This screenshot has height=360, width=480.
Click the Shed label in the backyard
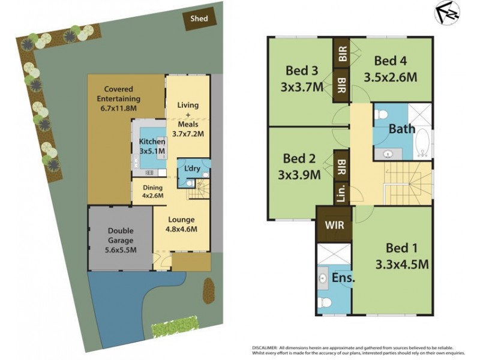[199, 19]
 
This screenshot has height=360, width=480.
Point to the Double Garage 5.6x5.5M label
[121, 240]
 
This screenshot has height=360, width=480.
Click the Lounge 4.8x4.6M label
[181, 224]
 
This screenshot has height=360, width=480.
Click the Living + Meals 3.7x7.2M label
[188, 120]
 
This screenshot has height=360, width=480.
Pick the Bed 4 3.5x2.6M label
[391, 69]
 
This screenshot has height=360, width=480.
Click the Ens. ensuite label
[343, 279]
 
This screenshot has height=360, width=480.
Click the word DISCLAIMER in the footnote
[265, 348]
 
